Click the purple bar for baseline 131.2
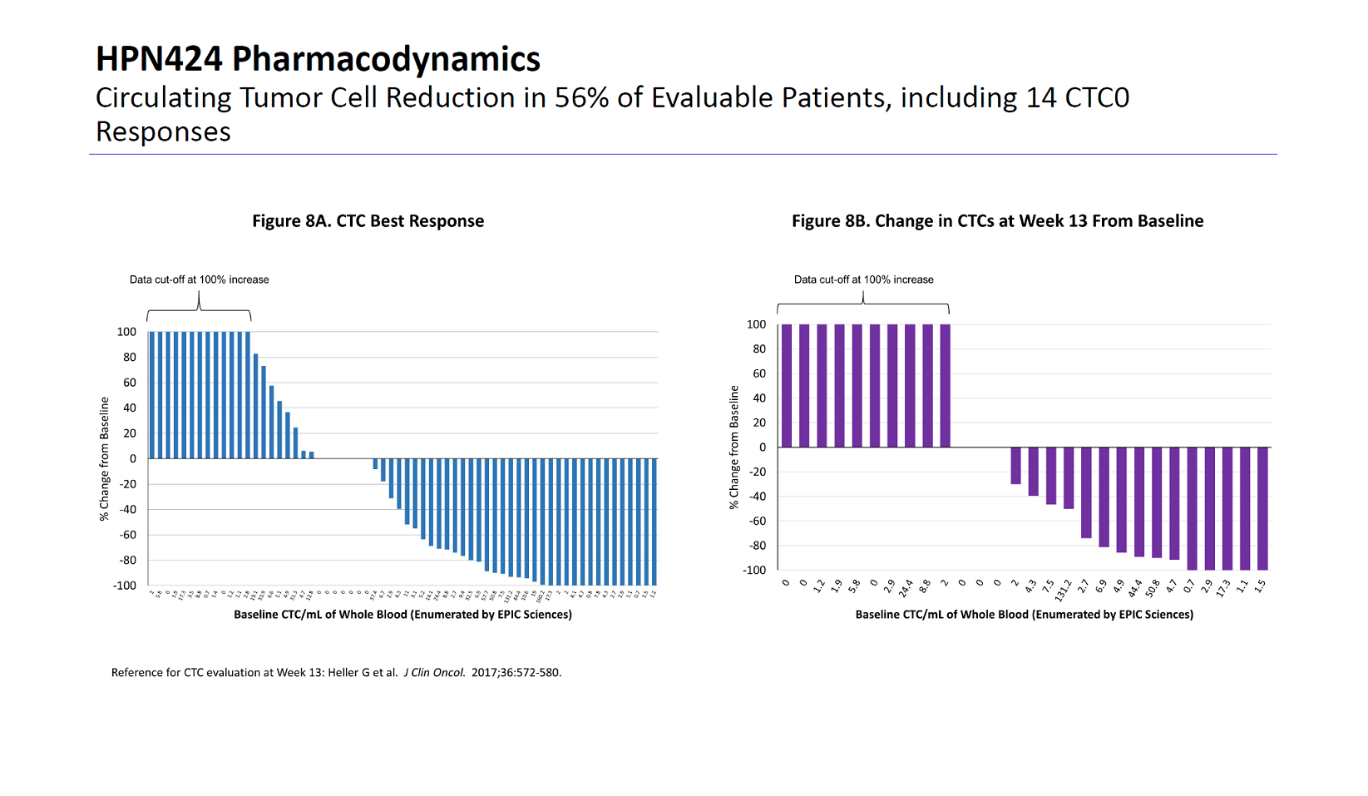(1069, 477)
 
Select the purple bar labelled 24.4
(910, 386)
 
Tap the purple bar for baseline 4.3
(1034, 471)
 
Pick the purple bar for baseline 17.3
(1227, 508)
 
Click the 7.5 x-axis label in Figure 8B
(1049, 586)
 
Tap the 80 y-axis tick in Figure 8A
(130, 358)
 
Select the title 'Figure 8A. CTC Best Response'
(368, 221)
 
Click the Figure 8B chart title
(997, 221)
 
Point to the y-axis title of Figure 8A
(105, 459)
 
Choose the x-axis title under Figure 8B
(1024, 615)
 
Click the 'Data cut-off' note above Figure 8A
(199, 279)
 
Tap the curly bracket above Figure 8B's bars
(863, 305)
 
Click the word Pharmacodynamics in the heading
(386, 60)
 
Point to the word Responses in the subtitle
(163, 132)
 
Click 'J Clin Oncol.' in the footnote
(434, 673)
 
